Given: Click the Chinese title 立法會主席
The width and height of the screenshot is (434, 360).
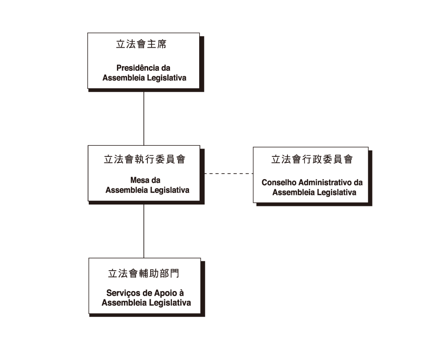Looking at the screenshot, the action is tap(141, 44).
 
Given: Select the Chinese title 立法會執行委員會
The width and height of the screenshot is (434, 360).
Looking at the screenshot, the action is tap(145, 159).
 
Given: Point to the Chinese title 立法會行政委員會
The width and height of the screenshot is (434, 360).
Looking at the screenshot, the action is tap(312, 159).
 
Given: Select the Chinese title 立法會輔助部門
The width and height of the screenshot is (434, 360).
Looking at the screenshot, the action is tap(144, 273).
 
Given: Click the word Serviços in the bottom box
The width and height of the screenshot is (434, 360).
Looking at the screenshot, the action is tap(122, 293).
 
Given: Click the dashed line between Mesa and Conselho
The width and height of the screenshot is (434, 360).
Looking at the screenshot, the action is tap(229, 174).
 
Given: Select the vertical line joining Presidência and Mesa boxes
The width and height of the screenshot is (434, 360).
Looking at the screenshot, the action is tap(144, 118).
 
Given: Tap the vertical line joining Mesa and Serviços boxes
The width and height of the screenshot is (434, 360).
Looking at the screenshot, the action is tap(144, 231).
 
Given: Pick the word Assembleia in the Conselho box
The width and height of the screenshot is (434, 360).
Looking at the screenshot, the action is tap(293, 192).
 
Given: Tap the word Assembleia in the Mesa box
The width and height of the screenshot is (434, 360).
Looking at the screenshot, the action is tap(127, 190).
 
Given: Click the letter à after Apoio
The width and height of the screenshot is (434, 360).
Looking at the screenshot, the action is tap(181, 292).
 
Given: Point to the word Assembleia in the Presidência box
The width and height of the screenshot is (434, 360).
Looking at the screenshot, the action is tap(123, 78).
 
